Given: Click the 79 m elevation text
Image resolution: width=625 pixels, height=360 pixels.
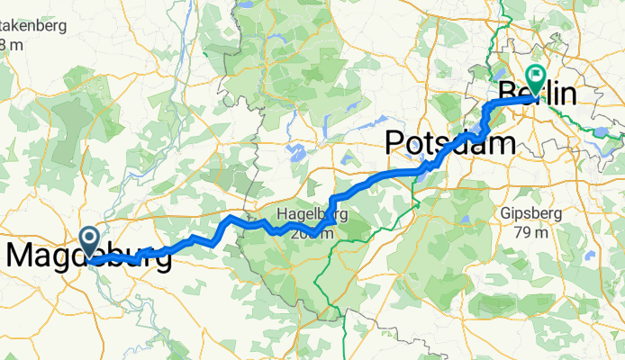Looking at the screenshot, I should click(530, 233).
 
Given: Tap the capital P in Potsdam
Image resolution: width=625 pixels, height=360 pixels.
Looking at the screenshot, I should click(396, 142).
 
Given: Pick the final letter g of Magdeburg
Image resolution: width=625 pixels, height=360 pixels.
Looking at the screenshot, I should click(163, 260).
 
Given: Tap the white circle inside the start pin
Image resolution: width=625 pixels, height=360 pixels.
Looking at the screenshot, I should click(90, 238).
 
